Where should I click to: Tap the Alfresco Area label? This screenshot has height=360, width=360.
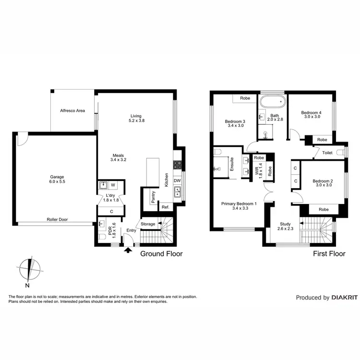point(72,111)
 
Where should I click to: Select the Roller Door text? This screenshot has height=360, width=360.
point(57,219)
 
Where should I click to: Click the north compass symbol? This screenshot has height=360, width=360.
point(31,267)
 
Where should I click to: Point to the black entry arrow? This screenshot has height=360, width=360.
point(128,249)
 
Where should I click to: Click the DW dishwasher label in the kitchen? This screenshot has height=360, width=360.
point(177,180)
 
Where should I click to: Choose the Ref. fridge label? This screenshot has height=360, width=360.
point(165,207)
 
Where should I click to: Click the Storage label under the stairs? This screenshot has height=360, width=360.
point(148,224)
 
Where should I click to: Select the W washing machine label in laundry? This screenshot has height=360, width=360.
point(113,184)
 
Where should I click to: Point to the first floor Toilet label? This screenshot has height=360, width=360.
point(327,153)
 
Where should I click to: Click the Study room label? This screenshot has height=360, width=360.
point(285,224)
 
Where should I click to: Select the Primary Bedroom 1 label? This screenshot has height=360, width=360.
point(239,204)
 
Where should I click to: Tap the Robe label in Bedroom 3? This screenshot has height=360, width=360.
point(244,98)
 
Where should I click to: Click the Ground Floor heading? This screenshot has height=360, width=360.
point(161,254)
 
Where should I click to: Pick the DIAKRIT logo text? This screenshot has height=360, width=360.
point(344,298)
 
